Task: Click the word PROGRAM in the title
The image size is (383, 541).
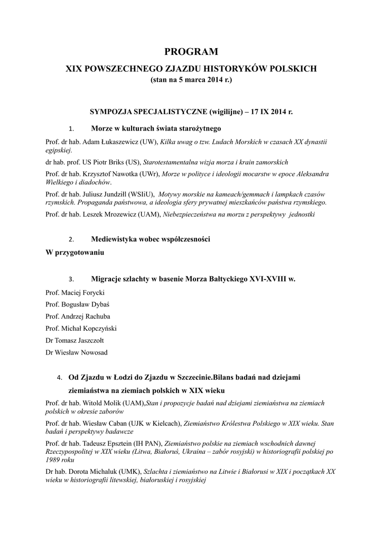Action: tap(191, 52)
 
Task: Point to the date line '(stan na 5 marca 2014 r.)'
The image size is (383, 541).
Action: tap(191, 80)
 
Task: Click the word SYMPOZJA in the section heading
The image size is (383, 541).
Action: tap(114, 113)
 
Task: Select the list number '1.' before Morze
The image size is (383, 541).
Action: tap(72, 128)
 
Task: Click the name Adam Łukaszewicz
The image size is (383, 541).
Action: tap(105, 142)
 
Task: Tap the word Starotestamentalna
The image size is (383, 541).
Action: tap(176, 162)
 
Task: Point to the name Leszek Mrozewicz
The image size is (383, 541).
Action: tap(110, 214)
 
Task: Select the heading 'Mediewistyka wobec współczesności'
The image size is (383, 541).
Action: tap(151, 239)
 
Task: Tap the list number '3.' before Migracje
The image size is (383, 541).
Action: tap(72, 278)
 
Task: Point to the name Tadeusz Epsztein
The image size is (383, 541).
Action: tap(106, 443)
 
